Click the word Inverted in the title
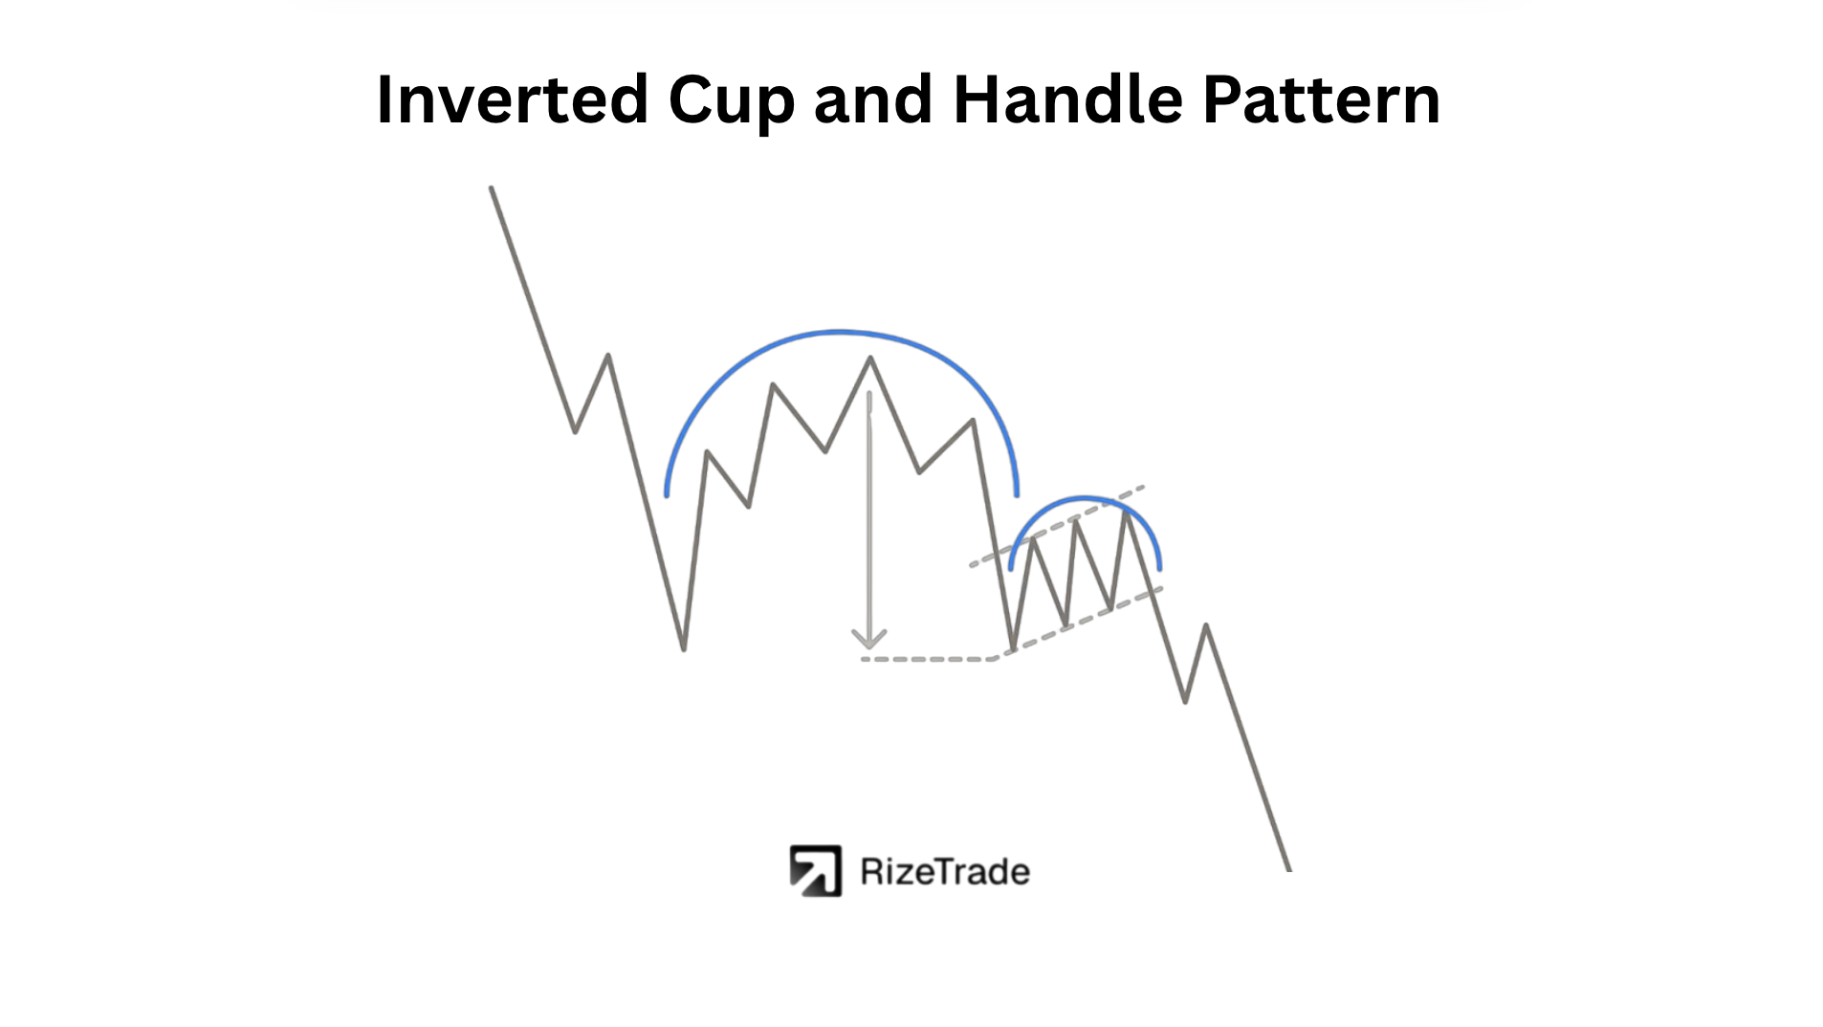(x=513, y=98)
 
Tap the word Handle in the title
(x=1067, y=98)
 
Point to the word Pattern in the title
(x=1321, y=99)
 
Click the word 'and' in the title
(x=873, y=98)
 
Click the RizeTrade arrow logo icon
(x=815, y=871)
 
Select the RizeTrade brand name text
(x=945, y=872)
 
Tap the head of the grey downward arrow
(x=868, y=640)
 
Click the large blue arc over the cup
(x=841, y=332)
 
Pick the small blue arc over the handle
(x=1084, y=498)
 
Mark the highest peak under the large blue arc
(x=870, y=359)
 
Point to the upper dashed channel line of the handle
(x=1057, y=525)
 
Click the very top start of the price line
(x=492, y=188)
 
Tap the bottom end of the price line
(x=1288, y=868)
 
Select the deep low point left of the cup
(x=684, y=649)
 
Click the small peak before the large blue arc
(x=608, y=357)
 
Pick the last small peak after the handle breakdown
(x=1206, y=626)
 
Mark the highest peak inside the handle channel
(x=1128, y=513)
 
